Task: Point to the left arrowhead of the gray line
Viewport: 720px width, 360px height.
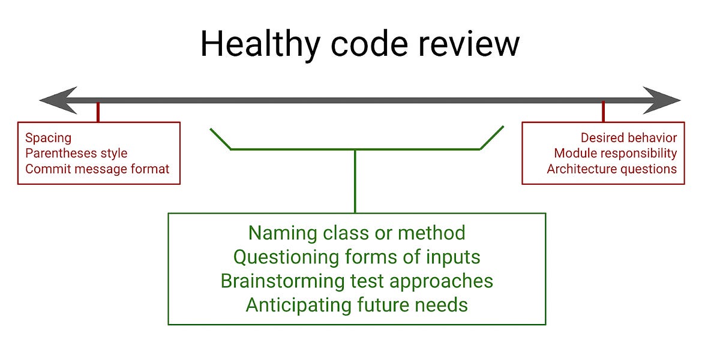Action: (57, 100)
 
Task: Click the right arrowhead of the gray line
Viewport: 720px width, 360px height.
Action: (663, 100)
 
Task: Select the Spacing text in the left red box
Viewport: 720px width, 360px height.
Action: (48, 138)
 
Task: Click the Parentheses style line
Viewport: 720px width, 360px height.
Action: (76, 154)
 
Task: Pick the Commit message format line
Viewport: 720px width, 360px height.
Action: (97, 169)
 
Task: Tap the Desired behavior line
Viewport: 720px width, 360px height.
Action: (628, 138)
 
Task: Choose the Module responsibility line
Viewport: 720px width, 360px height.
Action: (615, 154)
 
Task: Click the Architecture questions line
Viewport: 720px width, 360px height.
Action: (611, 169)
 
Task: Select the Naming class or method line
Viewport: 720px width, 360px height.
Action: (356, 233)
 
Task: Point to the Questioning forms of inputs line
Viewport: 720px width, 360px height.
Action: (356, 257)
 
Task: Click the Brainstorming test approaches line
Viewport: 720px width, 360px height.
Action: (356, 281)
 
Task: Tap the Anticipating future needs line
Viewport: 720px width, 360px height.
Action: (356, 305)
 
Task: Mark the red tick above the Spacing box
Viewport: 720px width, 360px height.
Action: (98, 112)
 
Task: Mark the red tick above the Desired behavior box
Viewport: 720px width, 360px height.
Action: (603, 112)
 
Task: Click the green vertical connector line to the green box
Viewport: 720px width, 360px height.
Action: (355, 180)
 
